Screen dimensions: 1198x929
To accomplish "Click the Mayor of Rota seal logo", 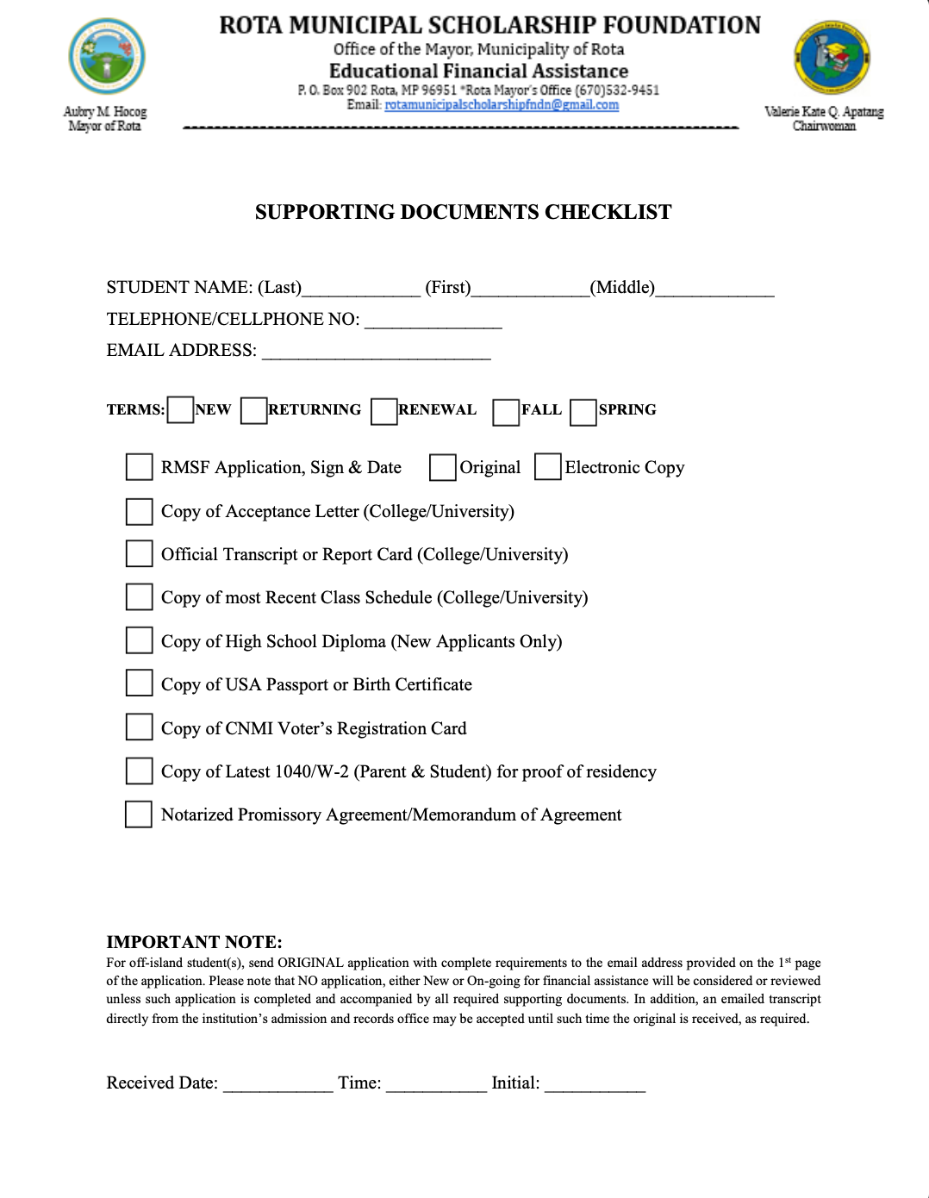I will pos(107,57).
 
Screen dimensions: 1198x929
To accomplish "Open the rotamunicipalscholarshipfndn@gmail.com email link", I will pos(502,105).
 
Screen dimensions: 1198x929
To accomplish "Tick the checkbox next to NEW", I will pos(180,410).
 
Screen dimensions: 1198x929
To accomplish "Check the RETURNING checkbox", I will pos(253,410).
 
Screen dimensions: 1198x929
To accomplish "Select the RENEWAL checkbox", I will pos(383,411).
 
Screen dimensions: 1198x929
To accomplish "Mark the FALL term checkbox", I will pos(506,412).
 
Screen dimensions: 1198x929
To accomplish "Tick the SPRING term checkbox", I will pos(583,412).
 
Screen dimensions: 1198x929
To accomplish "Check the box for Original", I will pos(442,467).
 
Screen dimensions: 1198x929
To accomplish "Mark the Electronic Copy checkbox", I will pos(547,467).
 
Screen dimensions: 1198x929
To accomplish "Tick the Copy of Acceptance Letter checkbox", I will pos(139,511).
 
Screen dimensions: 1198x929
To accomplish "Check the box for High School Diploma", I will pos(139,640).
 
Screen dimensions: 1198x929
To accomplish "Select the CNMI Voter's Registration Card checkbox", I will pos(139,727).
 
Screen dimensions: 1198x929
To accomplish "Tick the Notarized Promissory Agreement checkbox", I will pos(139,814).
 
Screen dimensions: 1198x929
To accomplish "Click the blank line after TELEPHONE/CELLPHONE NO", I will pos(433,322).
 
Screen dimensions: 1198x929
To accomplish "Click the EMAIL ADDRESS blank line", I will pos(376,353).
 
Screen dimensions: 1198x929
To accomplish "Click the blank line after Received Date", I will pos(277,1086).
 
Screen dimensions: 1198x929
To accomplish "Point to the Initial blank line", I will pos(595,1086).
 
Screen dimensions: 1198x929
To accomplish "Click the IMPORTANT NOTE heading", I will pos(194,942).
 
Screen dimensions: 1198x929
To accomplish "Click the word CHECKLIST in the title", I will pos(608,212).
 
